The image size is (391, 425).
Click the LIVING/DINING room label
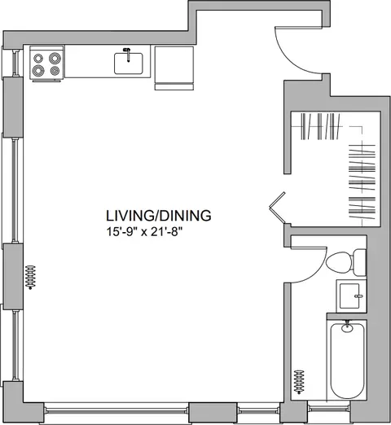pos(158,216)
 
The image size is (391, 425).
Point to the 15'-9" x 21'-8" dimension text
pos(143,232)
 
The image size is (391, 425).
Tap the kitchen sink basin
pos(129,64)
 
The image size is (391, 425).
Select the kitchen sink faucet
pos(127,55)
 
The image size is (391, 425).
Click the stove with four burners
pos(46,63)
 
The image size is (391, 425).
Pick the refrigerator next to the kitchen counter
pos(174,68)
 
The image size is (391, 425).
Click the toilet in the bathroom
pos(346,262)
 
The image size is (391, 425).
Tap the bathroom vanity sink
pos(351,296)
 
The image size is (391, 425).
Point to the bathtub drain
pos(347,327)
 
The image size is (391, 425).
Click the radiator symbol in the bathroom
pos(299,382)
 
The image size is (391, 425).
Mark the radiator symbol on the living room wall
pos(30,277)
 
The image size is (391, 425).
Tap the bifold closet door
pos(277,208)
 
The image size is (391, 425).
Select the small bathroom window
pos(329,408)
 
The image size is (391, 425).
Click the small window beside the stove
pos(14,63)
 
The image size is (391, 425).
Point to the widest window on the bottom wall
pos(116,411)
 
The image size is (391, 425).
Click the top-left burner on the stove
pos(38,59)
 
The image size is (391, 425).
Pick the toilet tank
pos(360,262)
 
